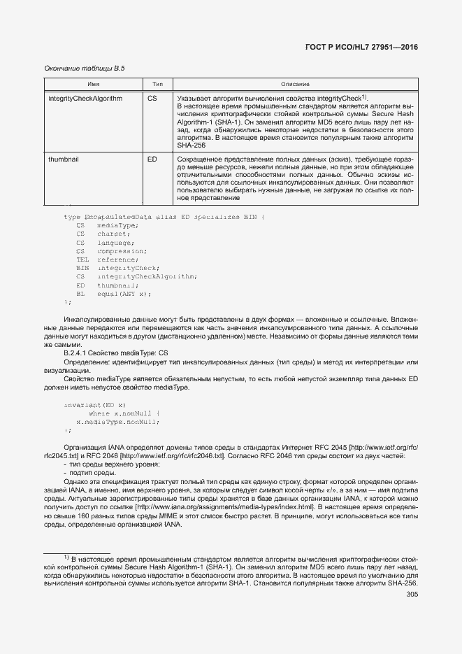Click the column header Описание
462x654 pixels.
click(x=295, y=84)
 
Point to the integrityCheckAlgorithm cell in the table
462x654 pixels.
click(x=85, y=99)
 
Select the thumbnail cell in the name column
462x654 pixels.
click(x=64, y=160)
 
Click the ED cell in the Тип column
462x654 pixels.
click(x=152, y=160)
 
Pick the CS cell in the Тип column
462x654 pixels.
click(x=152, y=99)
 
